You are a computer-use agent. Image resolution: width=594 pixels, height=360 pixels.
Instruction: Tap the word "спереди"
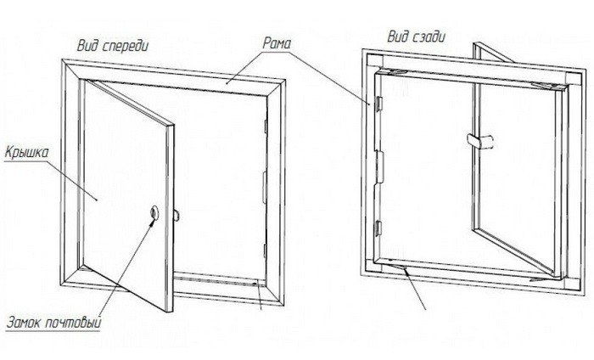125,47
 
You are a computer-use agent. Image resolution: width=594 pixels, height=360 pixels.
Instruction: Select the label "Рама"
277,43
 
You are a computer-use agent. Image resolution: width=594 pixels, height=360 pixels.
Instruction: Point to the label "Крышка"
27,152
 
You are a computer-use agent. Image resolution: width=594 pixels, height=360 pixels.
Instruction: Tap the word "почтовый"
74,323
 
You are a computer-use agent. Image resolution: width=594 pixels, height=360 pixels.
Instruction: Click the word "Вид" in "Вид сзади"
397,37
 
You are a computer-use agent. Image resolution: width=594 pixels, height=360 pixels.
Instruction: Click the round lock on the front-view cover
154,212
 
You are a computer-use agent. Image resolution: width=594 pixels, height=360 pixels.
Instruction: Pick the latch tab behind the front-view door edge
177,216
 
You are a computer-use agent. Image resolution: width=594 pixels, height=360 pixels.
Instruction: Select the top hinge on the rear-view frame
378,104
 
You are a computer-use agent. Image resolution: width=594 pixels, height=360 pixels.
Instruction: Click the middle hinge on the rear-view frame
379,167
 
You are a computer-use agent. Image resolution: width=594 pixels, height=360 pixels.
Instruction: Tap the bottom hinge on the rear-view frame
378,228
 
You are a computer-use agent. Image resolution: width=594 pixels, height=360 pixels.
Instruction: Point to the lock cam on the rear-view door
481,141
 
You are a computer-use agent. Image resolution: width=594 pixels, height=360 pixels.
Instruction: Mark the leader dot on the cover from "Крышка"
97,200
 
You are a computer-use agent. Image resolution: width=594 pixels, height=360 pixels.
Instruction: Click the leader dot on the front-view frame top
227,82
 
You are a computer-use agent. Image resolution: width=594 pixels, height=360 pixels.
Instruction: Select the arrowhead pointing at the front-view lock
152,222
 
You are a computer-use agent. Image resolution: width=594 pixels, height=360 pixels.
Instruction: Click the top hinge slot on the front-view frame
266,127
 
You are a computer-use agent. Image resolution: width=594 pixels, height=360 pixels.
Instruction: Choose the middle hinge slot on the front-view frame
265,186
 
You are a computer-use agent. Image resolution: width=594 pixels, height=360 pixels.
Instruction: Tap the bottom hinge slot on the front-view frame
265,250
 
